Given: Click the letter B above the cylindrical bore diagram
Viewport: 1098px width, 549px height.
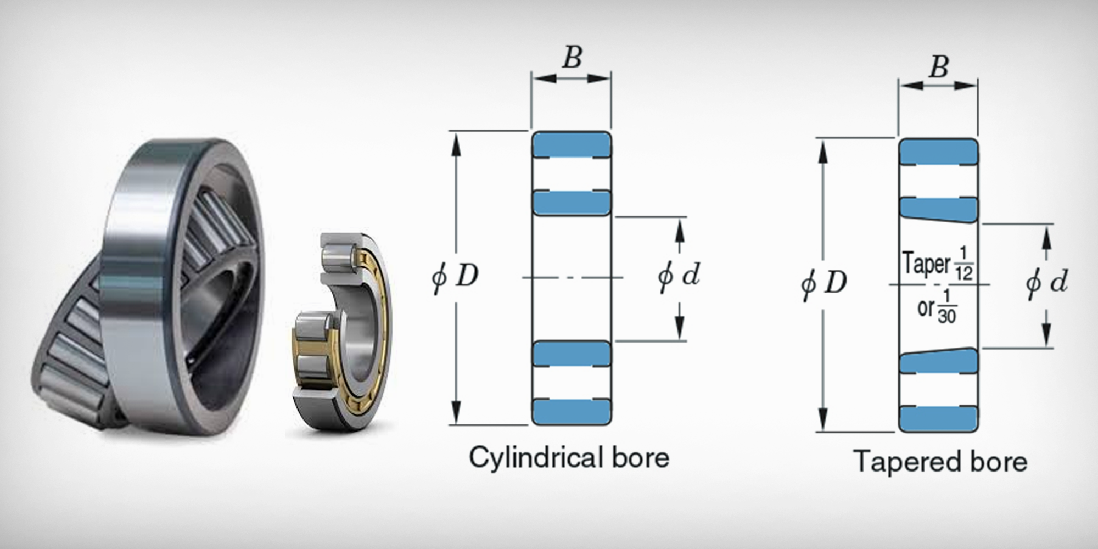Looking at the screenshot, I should click(572, 57).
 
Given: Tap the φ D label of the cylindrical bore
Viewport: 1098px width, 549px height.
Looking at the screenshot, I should click(455, 277).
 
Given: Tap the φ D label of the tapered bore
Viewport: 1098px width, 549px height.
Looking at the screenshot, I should click(824, 283).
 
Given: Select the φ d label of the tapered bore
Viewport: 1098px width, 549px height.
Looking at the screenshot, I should click(1046, 283).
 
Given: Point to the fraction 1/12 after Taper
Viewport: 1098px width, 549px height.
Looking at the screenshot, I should click(963, 264).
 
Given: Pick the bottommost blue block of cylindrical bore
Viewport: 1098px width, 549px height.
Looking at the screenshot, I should click(572, 412).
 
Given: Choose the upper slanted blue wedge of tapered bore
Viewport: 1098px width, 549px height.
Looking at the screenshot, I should click(939, 210).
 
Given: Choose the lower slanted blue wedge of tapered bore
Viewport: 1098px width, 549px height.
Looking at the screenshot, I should click(939, 360).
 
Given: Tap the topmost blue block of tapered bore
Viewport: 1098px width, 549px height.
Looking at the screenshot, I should click(939, 152).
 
